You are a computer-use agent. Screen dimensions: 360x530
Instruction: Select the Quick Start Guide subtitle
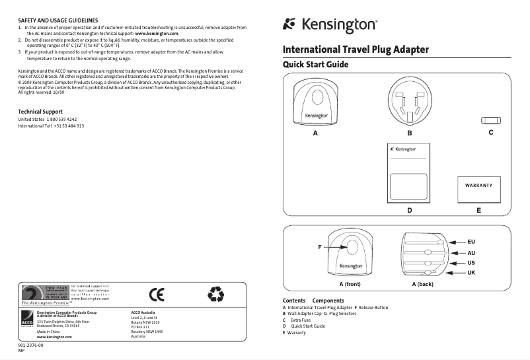coord(315,65)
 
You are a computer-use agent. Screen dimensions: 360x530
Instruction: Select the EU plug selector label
coord(471,242)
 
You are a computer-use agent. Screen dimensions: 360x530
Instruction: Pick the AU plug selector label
coord(471,253)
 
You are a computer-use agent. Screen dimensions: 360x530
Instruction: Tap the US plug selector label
coord(471,263)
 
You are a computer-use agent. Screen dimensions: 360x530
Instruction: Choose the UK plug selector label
coord(471,273)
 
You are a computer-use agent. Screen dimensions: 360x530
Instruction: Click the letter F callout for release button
coord(319,247)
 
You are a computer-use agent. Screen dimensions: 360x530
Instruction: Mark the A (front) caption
coord(350,284)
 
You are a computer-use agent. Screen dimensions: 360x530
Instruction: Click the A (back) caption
coord(422,284)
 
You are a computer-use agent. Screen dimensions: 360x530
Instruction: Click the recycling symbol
coord(216,293)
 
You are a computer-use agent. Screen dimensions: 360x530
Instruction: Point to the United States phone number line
coord(52,119)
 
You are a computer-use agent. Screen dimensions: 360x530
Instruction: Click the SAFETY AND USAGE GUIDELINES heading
coord(58,20)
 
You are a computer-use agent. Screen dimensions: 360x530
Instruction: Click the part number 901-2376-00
coord(30,345)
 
